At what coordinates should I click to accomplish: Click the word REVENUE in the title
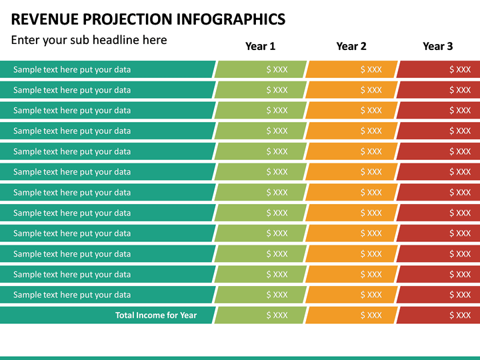click(x=43, y=19)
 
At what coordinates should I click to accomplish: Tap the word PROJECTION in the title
click(x=125, y=19)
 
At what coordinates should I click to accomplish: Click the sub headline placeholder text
click(x=89, y=40)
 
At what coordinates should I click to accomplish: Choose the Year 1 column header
click(x=260, y=46)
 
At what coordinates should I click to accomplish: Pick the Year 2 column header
click(x=351, y=46)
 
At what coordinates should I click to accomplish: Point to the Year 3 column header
click(x=437, y=46)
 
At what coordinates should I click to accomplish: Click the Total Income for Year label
click(x=156, y=315)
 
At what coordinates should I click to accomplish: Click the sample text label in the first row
click(x=72, y=69)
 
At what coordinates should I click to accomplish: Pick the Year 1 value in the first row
click(x=277, y=69)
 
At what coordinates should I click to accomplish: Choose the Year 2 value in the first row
click(x=371, y=69)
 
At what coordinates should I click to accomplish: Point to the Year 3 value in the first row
click(x=460, y=69)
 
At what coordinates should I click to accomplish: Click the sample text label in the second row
click(x=72, y=90)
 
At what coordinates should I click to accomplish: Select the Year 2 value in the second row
click(x=371, y=90)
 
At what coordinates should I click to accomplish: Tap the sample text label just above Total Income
click(x=72, y=295)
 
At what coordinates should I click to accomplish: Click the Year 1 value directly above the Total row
click(x=277, y=295)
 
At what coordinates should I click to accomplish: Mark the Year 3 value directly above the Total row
click(x=460, y=295)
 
